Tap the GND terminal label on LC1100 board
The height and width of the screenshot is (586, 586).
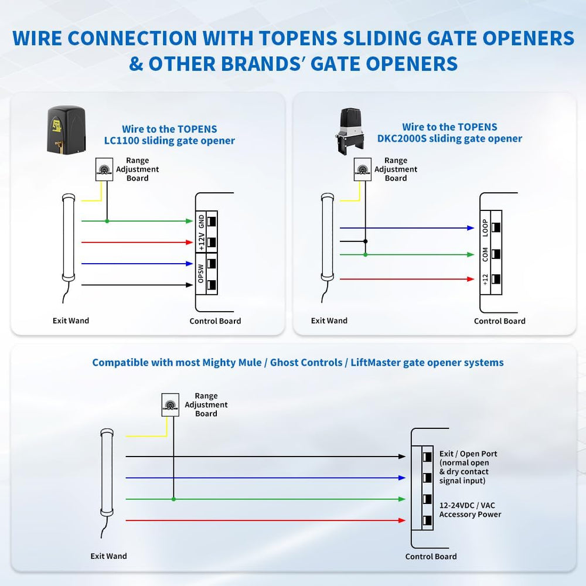(201, 221)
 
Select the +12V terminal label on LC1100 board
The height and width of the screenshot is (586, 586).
(201, 241)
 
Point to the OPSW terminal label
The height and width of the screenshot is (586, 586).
(201, 274)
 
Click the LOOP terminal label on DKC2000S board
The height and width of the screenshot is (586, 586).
(485, 227)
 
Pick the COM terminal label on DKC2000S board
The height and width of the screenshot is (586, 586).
(485, 254)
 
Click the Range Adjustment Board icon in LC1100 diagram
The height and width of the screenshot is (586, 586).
(106, 169)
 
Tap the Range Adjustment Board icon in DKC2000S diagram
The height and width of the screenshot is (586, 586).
(363, 169)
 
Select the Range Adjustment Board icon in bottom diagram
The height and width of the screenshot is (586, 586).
(171, 404)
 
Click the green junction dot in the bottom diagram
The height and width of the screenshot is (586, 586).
(173, 499)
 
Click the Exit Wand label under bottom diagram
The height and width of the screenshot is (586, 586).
(108, 556)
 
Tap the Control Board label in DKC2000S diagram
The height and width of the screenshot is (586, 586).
(499, 321)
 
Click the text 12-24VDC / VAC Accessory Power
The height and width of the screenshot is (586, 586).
(470, 510)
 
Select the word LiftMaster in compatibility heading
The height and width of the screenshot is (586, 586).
(376, 362)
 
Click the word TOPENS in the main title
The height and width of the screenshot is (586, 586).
(299, 39)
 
